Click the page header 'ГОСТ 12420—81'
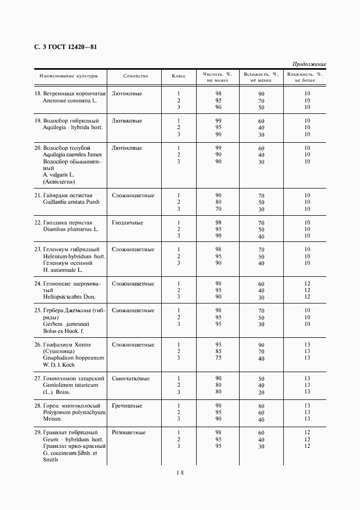click(x=71, y=47)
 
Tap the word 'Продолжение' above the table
click(x=309, y=64)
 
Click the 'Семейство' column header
click(x=136, y=76)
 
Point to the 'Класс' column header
click(x=179, y=76)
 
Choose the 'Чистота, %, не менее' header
click(x=217, y=77)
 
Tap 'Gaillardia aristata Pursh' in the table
click(x=71, y=202)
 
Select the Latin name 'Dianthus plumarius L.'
click(x=71, y=229)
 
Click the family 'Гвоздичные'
click(x=127, y=222)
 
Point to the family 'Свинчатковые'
click(x=131, y=378)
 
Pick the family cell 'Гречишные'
click(x=127, y=405)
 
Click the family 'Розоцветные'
click(x=129, y=432)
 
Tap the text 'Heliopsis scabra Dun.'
click(x=70, y=297)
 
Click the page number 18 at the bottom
click(x=180, y=473)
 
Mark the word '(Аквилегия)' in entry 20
click(x=59, y=182)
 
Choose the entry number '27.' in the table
click(x=38, y=378)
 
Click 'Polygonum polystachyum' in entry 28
click(x=74, y=412)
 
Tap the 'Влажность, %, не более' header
click(x=306, y=77)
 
